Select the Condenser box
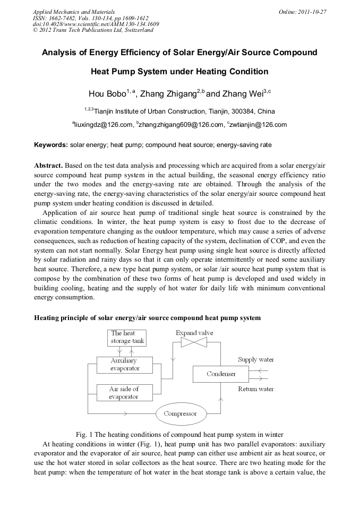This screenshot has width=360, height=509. pos(221,374)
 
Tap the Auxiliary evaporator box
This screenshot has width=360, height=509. pos(125,365)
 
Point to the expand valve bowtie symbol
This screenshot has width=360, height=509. pos(194,343)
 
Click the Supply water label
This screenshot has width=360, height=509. pos(256,359)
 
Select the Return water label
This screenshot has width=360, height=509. pos(256,389)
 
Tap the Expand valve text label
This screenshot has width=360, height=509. pos(194,332)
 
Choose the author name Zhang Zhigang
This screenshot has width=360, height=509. pos(168,94)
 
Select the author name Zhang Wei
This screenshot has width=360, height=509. pos(242,94)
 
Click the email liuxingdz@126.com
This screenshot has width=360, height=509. pos(104,125)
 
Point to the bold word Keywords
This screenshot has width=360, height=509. pos(51,144)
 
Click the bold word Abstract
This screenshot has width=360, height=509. pos(49,165)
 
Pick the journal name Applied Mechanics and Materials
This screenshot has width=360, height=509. pos(73,11)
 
